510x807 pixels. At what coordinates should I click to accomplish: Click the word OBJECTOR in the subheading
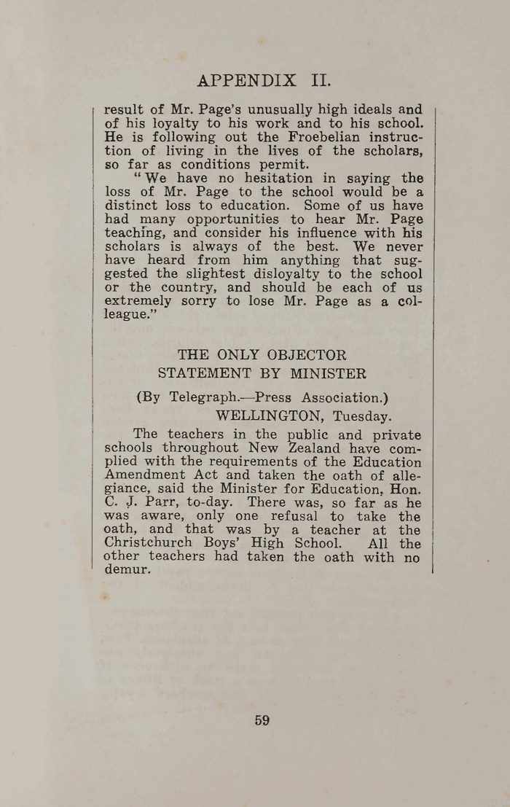tap(305, 356)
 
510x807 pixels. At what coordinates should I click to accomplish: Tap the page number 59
tap(262, 720)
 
